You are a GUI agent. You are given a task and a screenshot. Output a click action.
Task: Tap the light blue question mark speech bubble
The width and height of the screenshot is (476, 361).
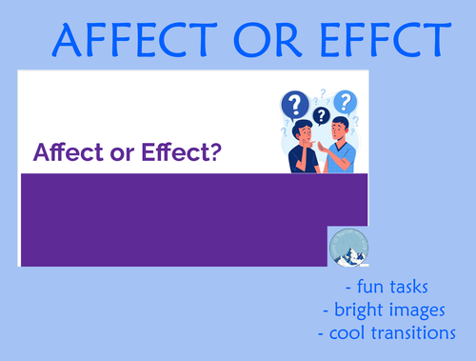click(345, 100)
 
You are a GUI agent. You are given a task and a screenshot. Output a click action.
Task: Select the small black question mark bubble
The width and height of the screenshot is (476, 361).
click(321, 116)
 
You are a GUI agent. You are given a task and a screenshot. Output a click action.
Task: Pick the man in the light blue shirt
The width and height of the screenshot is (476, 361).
click(340, 150)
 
